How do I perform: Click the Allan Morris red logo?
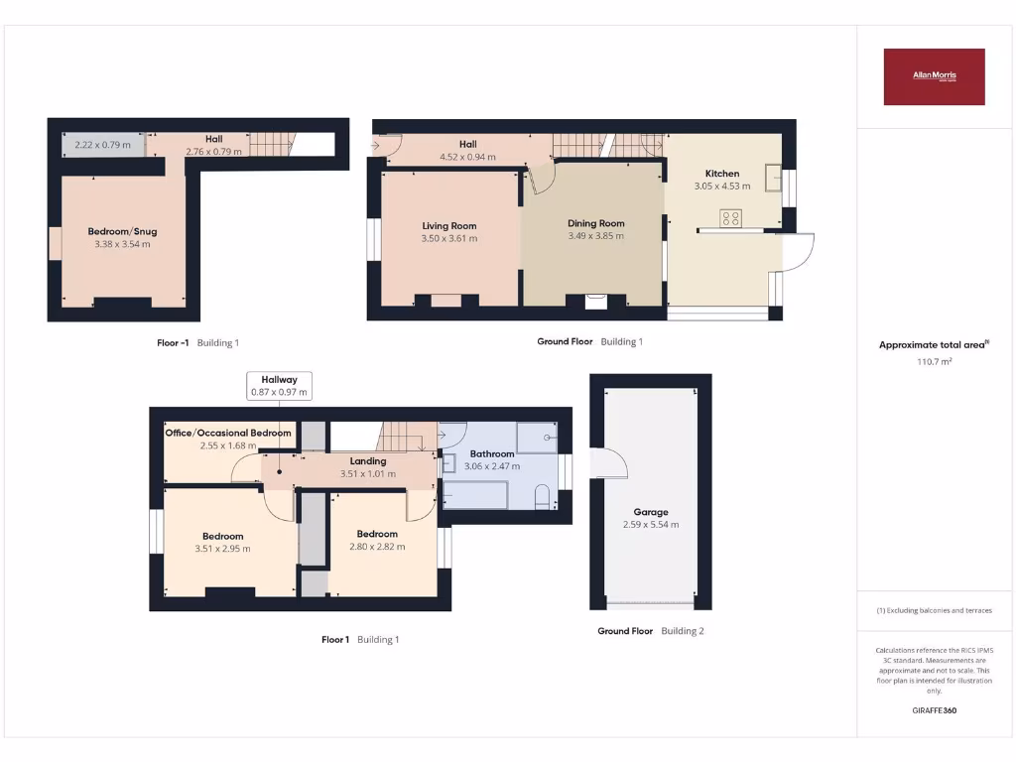(x=934, y=76)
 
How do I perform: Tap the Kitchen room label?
(x=721, y=174)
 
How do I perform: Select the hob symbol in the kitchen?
(x=731, y=218)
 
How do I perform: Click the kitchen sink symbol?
(x=773, y=170)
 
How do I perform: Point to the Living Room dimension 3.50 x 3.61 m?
(x=449, y=238)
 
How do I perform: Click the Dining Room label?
(x=595, y=223)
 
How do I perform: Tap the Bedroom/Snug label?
(x=122, y=231)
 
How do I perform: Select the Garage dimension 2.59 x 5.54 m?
(x=651, y=525)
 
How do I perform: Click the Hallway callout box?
(x=279, y=385)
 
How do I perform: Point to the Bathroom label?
(x=492, y=453)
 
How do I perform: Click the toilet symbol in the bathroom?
(x=543, y=496)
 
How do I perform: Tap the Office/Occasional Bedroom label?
(x=228, y=433)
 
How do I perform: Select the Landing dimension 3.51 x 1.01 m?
(x=367, y=474)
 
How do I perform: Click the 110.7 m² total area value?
(x=934, y=362)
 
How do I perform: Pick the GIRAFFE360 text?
(x=934, y=710)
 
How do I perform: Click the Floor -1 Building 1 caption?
(x=197, y=343)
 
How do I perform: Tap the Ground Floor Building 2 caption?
(x=650, y=631)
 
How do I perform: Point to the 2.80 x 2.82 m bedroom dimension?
(x=377, y=547)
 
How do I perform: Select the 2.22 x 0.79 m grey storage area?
(x=102, y=146)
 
